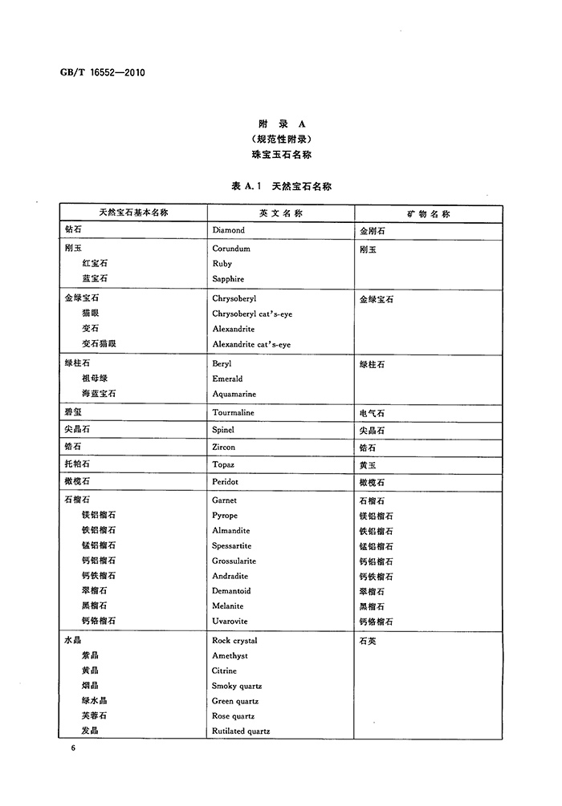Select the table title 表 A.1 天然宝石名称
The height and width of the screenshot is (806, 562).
[x=281, y=185]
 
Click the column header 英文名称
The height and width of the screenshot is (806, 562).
[x=280, y=214]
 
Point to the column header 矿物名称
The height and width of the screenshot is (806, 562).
[x=429, y=214]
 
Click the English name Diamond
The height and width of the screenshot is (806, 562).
[x=229, y=230]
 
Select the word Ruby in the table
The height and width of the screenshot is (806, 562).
[x=222, y=264]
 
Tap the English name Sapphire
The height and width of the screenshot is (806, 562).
[x=228, y=279]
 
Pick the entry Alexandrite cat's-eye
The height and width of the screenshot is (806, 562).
[x=251, y=344]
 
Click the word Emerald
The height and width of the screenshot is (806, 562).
[x=227, y=379]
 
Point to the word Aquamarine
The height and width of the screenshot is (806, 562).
[x=234, y=394]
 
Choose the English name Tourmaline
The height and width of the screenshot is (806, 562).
[x=233, y=413]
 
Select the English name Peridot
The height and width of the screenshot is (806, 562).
[x=226, y=482]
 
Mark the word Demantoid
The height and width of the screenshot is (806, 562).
[x=232, y=591]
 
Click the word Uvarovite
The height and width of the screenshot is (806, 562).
[x=230, y=622]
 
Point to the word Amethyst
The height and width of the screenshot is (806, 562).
[x=230, y=656]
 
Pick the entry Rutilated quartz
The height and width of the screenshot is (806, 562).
[x=241, y=731]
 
